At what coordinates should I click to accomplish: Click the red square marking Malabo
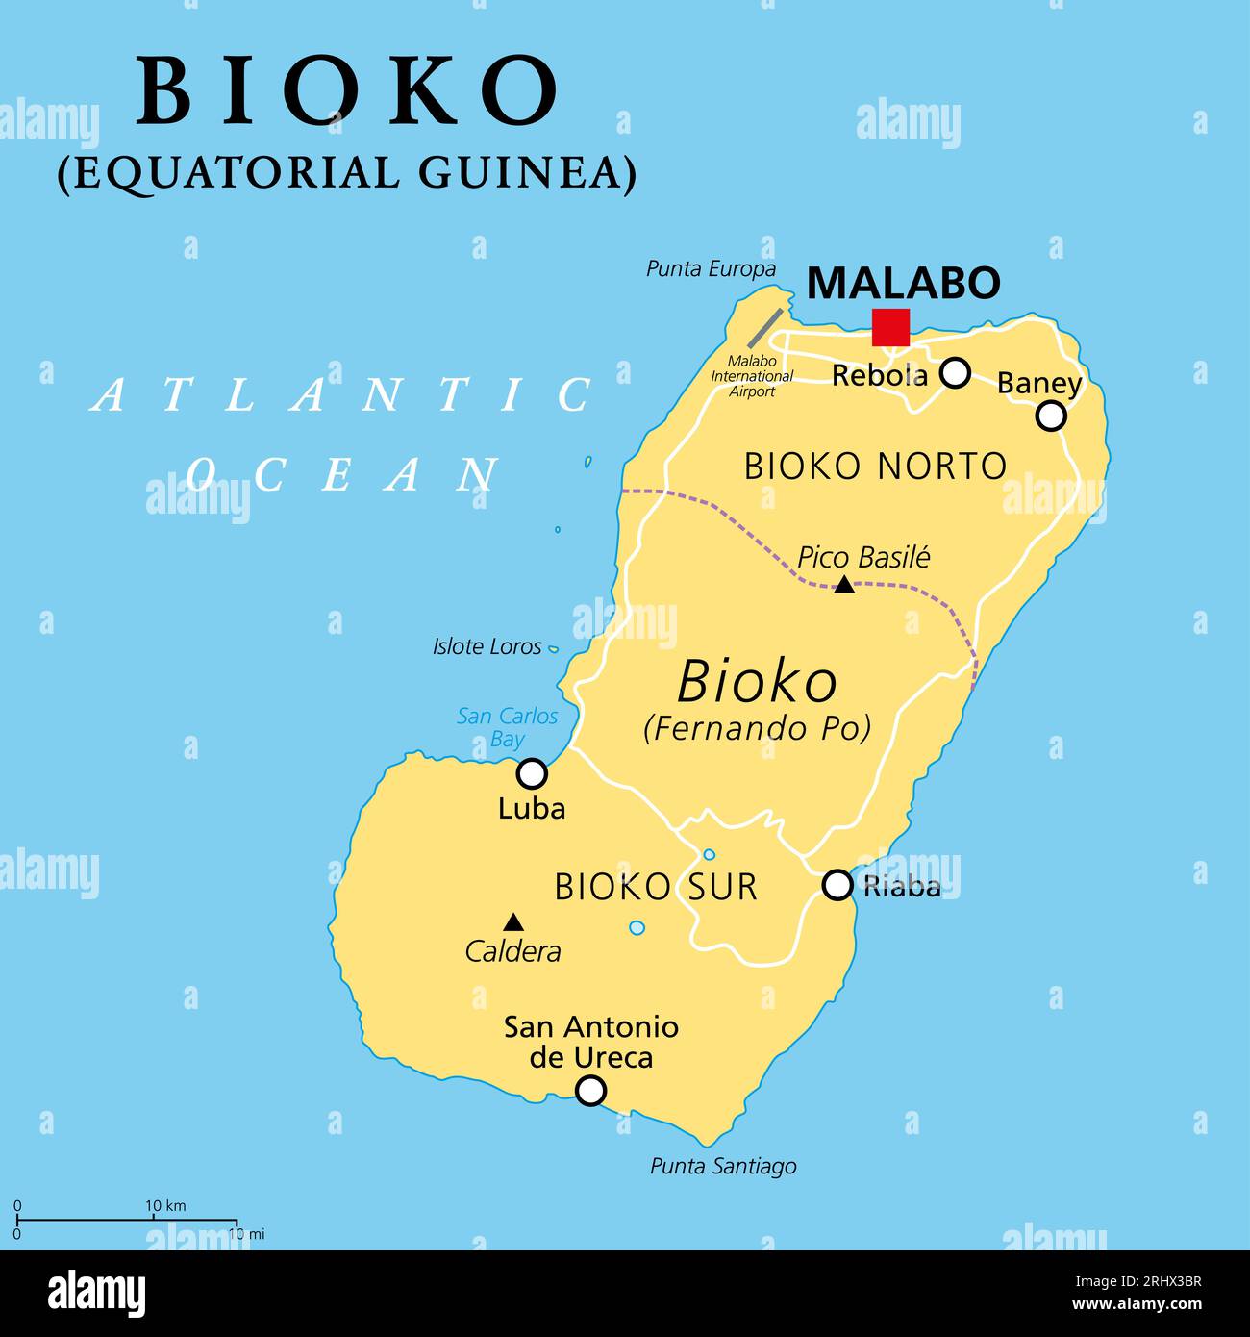click(x=890, y=327)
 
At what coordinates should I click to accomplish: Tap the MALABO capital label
click(x=903, y=283)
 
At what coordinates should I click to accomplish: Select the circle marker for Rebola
click(x=954, y=372)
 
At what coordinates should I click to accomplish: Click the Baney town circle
click(x=1051, y=416)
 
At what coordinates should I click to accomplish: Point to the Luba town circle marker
click(x=532, y=773)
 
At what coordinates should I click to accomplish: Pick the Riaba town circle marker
click(x=837, y=885)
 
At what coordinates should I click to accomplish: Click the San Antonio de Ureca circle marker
click(x=590, y=1091)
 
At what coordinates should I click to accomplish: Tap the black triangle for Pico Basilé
click(x=843, y=584)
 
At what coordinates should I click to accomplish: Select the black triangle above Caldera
click(x=513, y=921)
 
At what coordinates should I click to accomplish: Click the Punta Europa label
click(x=711, y=269)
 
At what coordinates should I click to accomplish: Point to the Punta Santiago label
click(x=723, y=1167)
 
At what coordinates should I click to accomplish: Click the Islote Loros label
click(x=487, y=646)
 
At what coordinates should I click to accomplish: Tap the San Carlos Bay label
click(x=507, y=727)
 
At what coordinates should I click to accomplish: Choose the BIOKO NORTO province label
click(x=875, y=467)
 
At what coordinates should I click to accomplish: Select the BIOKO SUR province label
click(x=656, y=887)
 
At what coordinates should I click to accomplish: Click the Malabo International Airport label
click(x=752, y=376)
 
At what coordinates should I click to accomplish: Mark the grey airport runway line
click(x=764, y=328)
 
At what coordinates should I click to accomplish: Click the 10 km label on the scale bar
click(x=165, y=1206)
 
